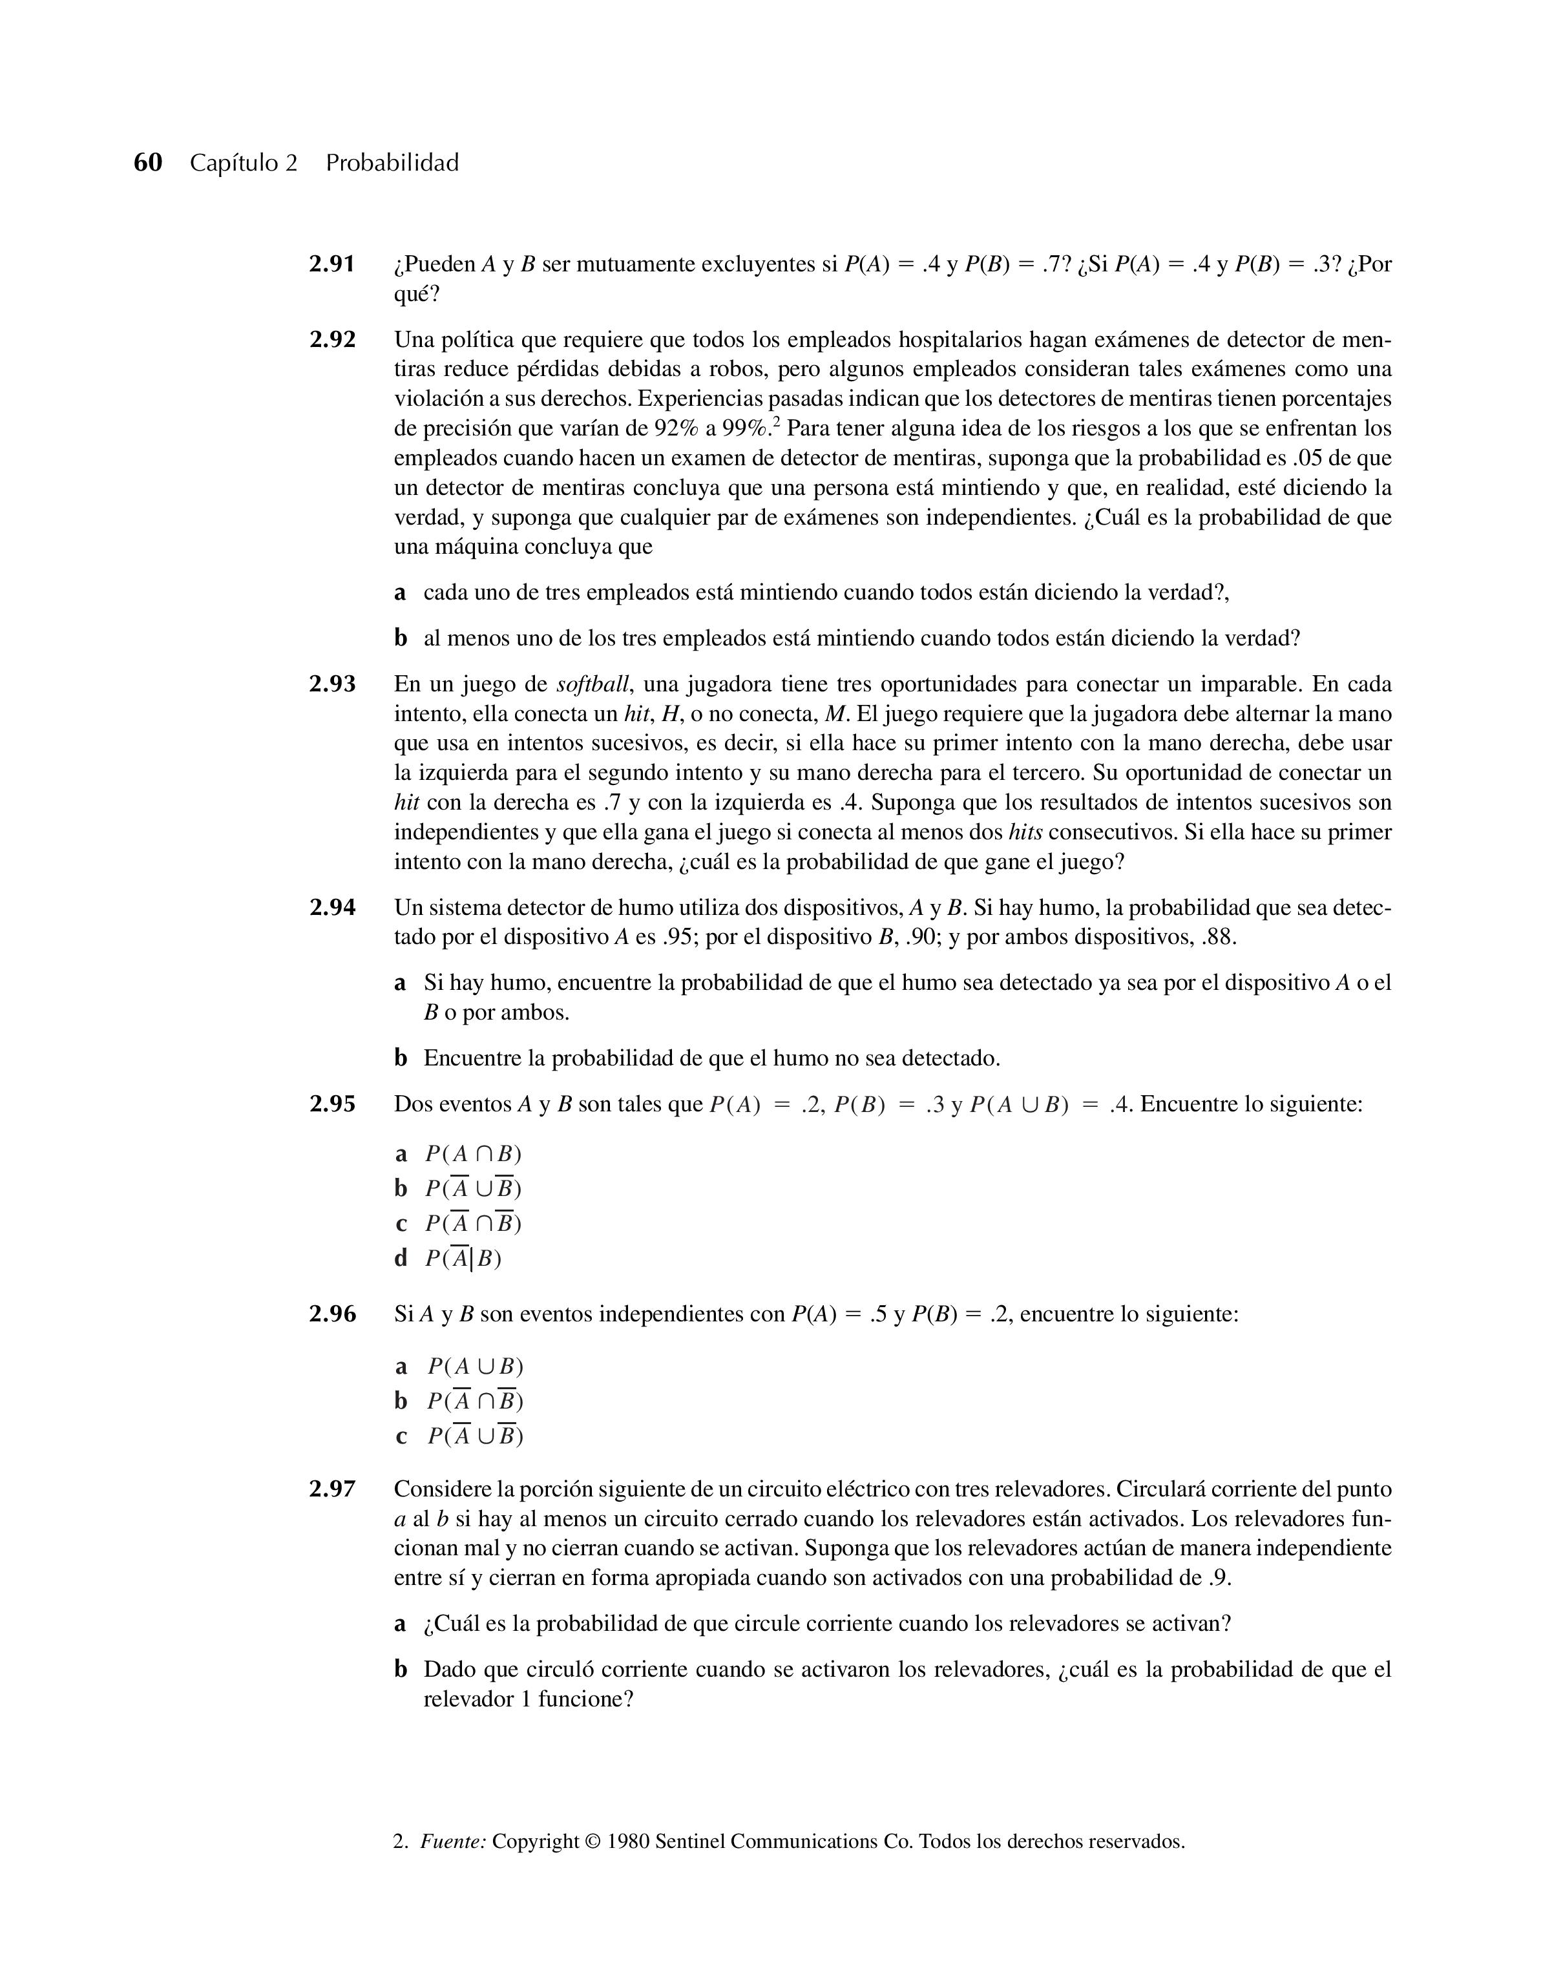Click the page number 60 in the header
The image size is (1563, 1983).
[x=147, y=163]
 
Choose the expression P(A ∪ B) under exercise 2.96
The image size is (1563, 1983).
[x=476, y=1366]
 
